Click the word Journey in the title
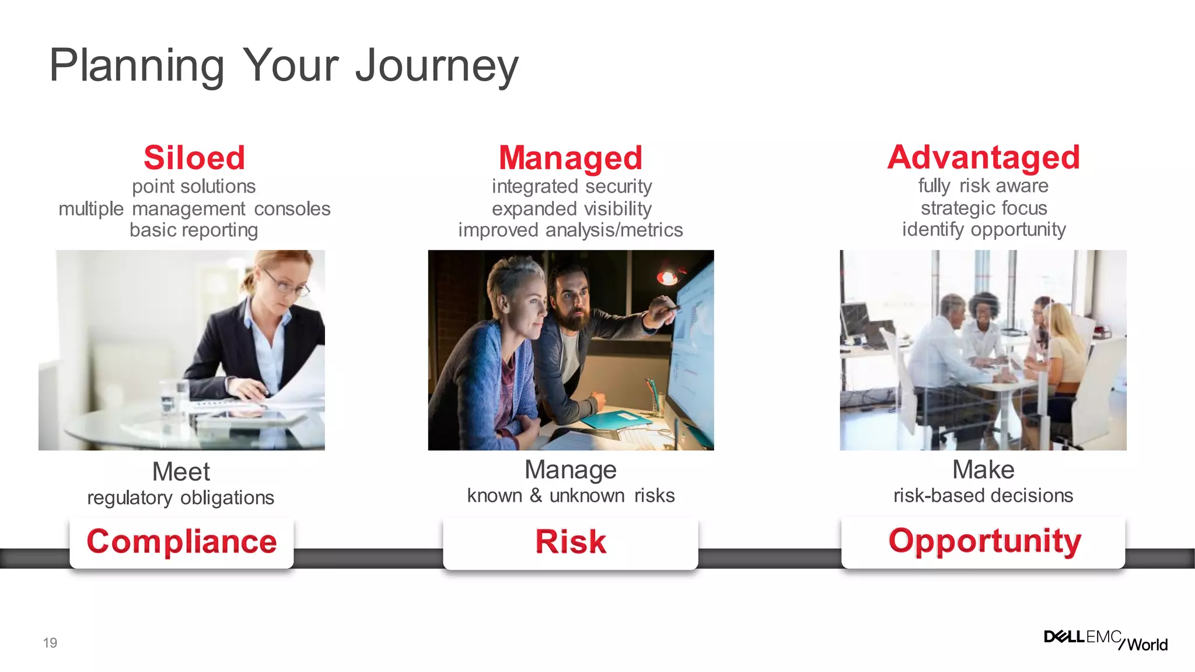click(x=436, y=66)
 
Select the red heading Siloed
click(x=194, y=158)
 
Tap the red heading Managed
click(x=570, y=158)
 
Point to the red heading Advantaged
click(x=983, y=157)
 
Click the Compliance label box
click(x=181, y=542)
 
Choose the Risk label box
click(x=570, y=542)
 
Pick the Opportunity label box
click(x=983, y=541)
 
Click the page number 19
click(x=50, y=643)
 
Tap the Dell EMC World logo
click(x=1105, y=640)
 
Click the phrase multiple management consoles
click(x=194, y=209)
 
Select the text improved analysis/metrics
click(x=570, y=230)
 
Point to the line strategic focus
click(x=983, y=208)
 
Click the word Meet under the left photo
click(x=181, y=471)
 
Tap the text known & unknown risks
click(x=570, y=496)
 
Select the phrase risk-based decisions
click(x=983, y=496)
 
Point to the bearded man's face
click(x=571, y=300)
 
